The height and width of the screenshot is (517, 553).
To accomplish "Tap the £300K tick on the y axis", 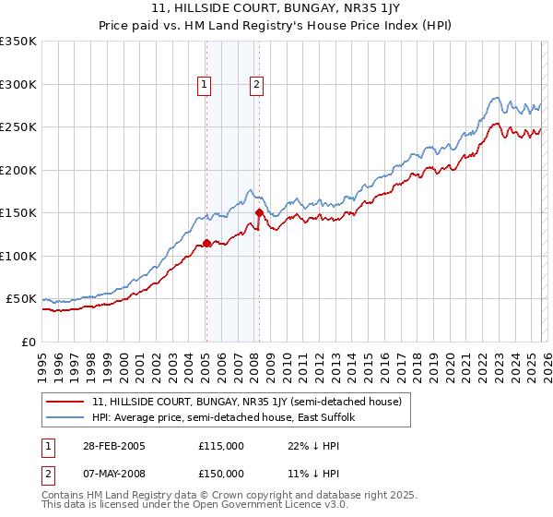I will pyautogui.click(x=18, y=84).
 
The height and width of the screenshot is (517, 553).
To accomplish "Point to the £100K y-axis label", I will pyautogui.click(x=18, y=256).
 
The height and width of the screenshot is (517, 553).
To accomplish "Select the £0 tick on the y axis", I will pyautogui.click(x=29, y=342).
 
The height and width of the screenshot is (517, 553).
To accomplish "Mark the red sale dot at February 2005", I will pyautogui.click(x=206, y=244).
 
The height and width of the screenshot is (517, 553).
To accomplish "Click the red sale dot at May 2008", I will pyautogui.click(x=259, y=213).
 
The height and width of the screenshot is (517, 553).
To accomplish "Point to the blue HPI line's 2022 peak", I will pyautogui.click(x=495, y=97).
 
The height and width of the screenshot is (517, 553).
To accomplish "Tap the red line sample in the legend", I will pyautogui.click(x=66, y=403).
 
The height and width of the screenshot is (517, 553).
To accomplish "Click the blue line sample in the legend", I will pyautogui.click(x=66, y=418).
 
